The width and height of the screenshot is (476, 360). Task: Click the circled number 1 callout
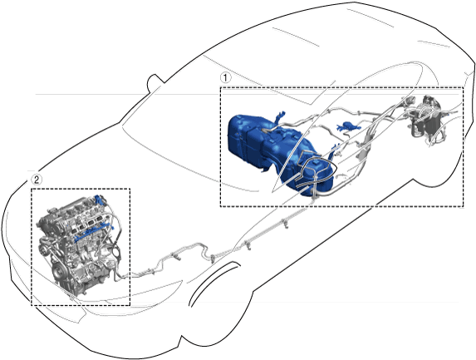pos(225,78)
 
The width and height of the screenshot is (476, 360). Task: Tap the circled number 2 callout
pos(36,180)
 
